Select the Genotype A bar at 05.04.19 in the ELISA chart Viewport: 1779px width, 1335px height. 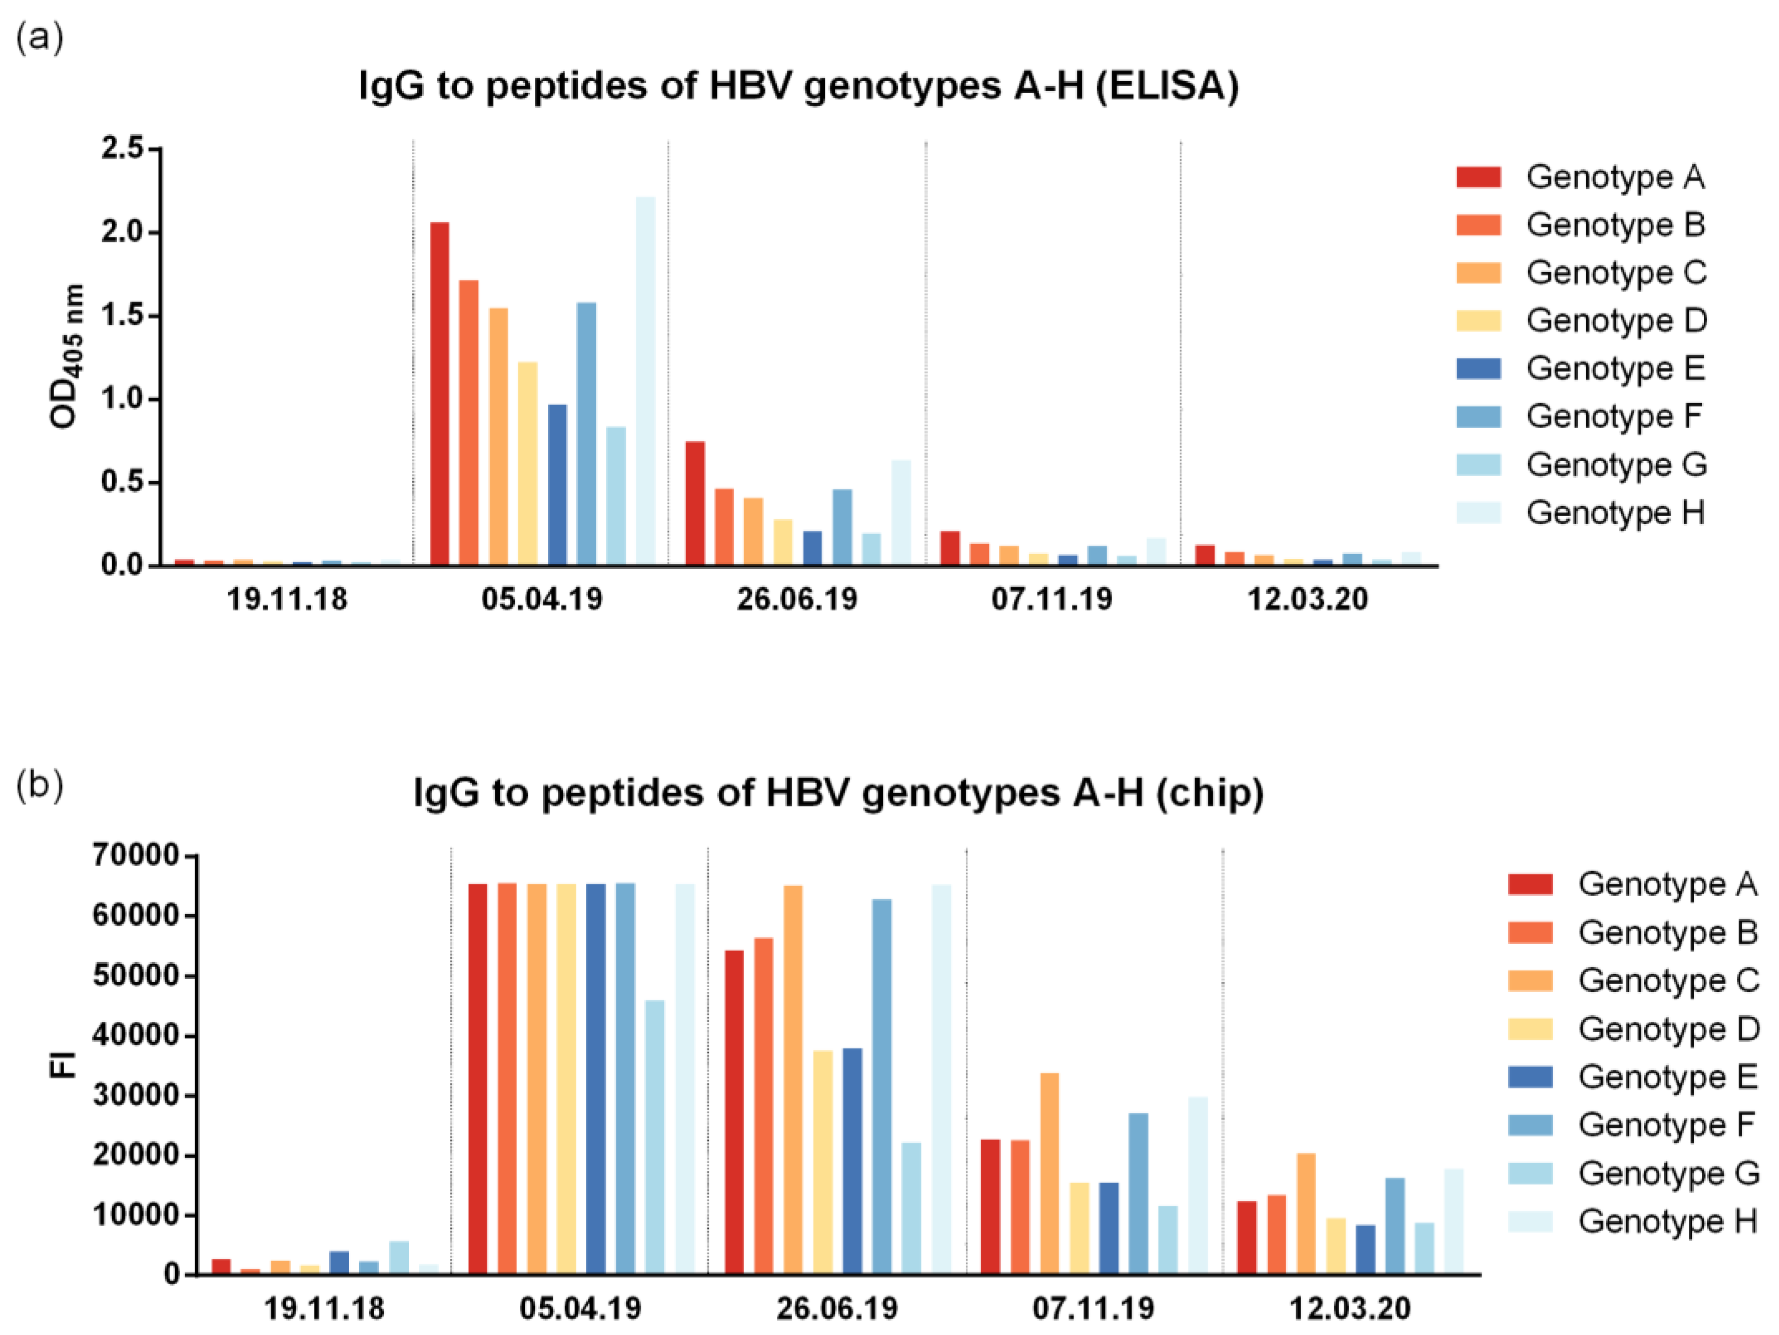tap(439, 393)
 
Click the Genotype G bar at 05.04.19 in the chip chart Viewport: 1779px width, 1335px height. tap(655, 1137)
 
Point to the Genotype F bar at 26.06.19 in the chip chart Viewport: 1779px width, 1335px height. tap(881, 1086)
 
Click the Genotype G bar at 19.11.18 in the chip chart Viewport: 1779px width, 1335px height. tap(399, 1258)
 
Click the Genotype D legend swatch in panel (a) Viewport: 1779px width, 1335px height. tap(1478, 320)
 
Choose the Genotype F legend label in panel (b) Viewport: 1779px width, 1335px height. tap(1666, 1125)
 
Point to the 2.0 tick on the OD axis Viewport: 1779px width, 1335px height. tap(122, 233)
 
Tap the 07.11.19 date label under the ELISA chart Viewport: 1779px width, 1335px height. tap(1051, 599)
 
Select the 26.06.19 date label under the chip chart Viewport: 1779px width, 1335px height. tap(836, 1308)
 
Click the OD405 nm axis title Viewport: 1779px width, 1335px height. tap(66, 356)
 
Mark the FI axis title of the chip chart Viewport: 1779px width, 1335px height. tap(63, 1065)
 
